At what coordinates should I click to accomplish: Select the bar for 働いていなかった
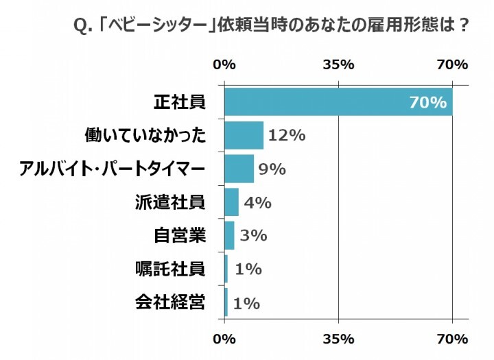pyautogui.click(x=244, y=135)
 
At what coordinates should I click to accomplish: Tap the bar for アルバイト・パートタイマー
pyautogui.click(x=239, y=169)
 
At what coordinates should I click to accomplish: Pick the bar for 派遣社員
pyautogui.click(x=232, y=202)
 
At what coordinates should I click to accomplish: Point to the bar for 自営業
pyautogui.click(x=230, y=235)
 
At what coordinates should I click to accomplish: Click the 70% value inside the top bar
pyautogui.click(x=428, y=103)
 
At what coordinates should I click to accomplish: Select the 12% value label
pyautogui.click(x=287, y=135)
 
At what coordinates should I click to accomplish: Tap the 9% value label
pyautogui.click(x=272, y=169)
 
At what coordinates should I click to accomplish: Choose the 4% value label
pyautogui.click(x=258, y=202)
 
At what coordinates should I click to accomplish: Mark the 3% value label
pyautogui.click(x=253, y=235)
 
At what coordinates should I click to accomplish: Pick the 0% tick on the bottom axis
pyautogui.click(x=225, y=339)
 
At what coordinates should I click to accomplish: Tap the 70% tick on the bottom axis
pyautogui.click(x=452, y=339)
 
